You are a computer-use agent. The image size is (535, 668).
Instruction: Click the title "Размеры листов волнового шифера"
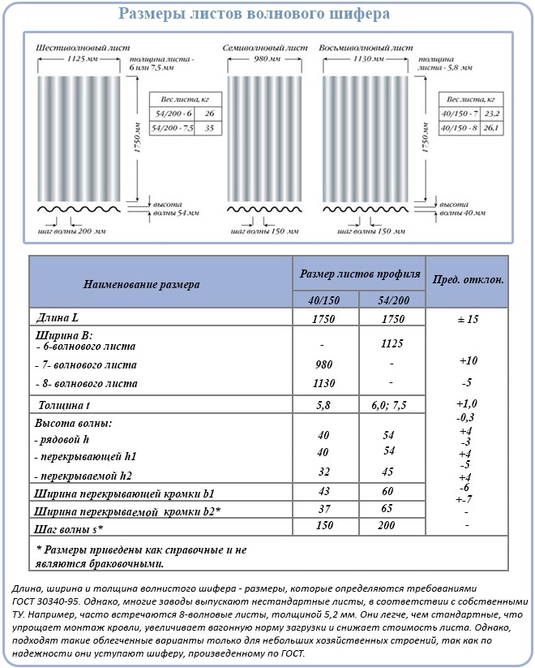(x=254, y=14)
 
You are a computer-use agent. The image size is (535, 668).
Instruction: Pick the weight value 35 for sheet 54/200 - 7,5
(x=209, y=128)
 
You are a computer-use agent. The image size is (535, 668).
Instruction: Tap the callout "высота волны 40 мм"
(x=461, y=209)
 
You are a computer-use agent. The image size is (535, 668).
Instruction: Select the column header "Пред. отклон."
(x=468, y=279)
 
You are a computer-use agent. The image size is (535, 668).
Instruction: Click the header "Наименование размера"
(x=141, y=284)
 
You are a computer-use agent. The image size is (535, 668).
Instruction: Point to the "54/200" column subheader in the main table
(x=388, y=300)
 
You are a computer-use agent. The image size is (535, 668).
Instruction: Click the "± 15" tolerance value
(x=468, y=320)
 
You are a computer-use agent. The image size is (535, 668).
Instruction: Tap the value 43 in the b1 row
(x=323, y=492)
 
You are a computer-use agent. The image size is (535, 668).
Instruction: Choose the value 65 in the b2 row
(x=388, y=509)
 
